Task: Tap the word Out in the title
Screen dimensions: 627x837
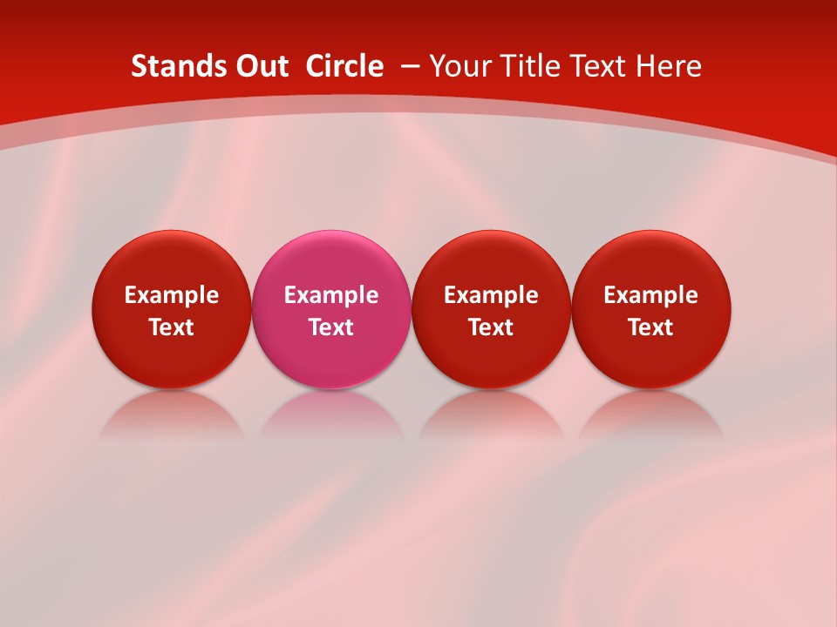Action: pos(262,66)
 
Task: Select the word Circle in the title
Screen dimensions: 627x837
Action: pos(344,66)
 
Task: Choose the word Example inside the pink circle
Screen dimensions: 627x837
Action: pos(331,295)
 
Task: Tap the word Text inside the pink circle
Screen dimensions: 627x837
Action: pos(331,327)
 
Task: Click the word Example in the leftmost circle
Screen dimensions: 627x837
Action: pos(172,295)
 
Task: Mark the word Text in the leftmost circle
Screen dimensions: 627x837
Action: pos(172,327)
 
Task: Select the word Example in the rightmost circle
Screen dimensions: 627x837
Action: pos(651,295)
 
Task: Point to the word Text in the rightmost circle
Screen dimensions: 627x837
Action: pos(651,327)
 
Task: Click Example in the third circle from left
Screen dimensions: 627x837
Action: pos(491,295)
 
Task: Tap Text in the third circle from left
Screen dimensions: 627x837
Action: pos(491,327)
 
